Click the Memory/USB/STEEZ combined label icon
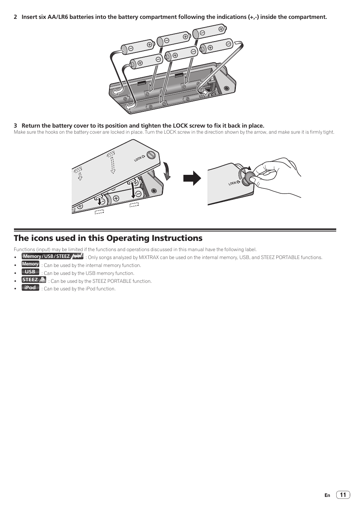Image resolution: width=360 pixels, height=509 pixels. coord(52,256)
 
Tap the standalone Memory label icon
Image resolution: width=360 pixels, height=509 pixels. coord(30,264)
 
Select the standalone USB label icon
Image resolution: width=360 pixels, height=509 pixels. coord(30,272)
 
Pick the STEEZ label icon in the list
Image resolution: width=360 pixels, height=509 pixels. coord(34,280)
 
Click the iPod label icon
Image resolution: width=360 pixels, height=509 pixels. coord(30,288)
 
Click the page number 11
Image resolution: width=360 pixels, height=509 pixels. coord(343,495)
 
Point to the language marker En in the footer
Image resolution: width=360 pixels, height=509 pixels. coord(327,495)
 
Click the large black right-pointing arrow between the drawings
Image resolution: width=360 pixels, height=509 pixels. coord(192,178)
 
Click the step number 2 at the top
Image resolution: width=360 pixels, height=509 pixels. coord(15,17)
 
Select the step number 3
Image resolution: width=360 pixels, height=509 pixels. coord(15,126)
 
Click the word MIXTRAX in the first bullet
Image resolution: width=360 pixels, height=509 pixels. coord(148,258)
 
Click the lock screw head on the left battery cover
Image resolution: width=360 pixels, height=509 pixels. coord(152,155)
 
